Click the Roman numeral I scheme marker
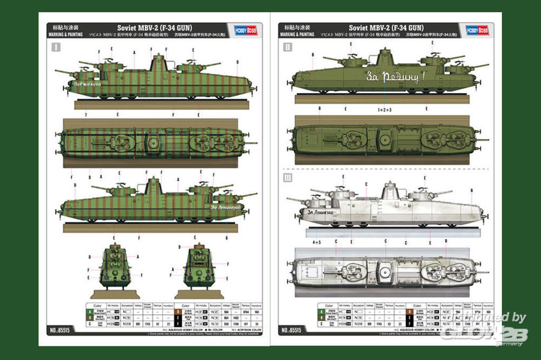point(56,48)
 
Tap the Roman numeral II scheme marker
point(287,48)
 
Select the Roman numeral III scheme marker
point(287,178)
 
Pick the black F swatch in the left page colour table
point(179,317)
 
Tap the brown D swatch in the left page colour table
point(179,312)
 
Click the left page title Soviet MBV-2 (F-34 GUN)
point(155,28)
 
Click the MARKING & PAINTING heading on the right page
point(297,35)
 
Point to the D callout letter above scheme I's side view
point(236,62)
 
